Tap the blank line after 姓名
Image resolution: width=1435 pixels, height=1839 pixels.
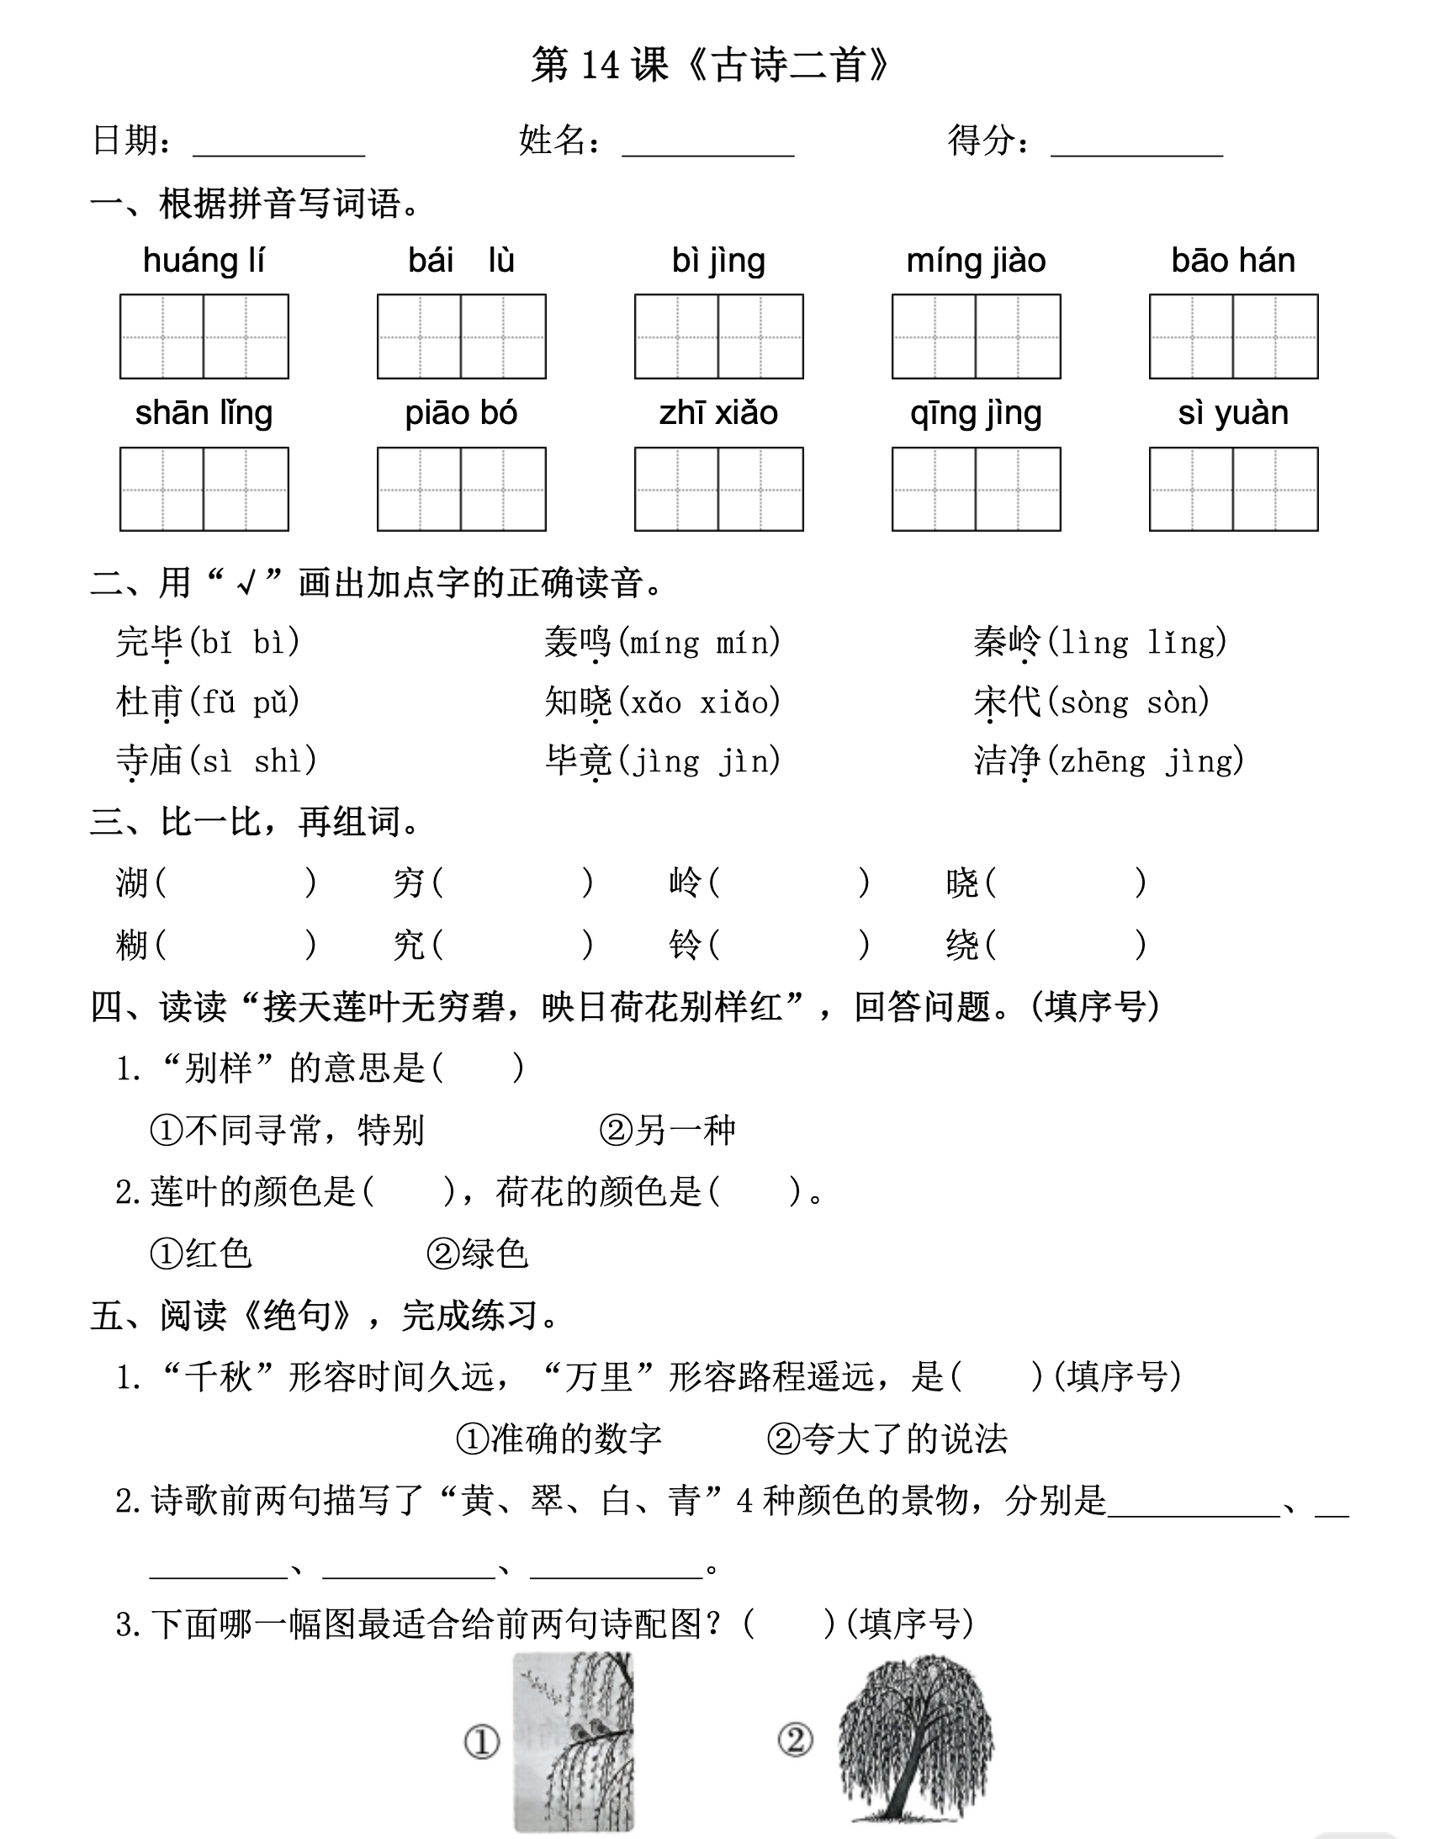707,143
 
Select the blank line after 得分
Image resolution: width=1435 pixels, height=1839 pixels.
1136,143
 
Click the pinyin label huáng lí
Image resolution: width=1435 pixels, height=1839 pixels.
204,261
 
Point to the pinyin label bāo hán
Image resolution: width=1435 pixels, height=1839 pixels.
1233,261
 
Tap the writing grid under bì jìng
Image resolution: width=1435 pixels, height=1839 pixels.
718,337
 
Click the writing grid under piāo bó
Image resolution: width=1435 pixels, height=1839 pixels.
462,490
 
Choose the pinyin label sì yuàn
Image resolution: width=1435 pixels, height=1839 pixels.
1233,413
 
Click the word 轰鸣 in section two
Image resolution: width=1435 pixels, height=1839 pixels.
578,643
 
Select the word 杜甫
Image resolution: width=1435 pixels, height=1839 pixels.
149,702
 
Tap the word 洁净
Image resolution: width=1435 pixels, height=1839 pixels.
1007,761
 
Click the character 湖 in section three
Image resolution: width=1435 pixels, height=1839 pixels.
132,883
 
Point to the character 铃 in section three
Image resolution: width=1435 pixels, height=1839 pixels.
685,945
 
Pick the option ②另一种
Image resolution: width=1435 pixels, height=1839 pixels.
668,1130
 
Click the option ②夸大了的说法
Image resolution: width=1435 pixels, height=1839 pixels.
887,1439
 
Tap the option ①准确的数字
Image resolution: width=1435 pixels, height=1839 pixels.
559,1439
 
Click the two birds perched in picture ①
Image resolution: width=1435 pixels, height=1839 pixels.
589,1731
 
